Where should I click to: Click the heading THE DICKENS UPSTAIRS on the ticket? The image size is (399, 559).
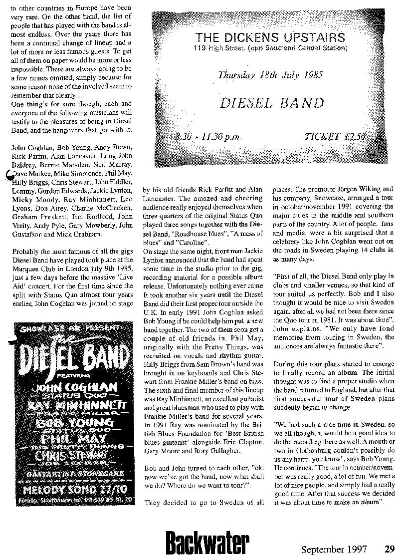click(x=270, y=37)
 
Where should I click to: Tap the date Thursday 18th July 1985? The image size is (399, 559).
click(x=270, y=75)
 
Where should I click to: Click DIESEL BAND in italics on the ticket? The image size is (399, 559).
click(x=272, y=104)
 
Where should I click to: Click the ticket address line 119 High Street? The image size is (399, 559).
click(x=270, y=48)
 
